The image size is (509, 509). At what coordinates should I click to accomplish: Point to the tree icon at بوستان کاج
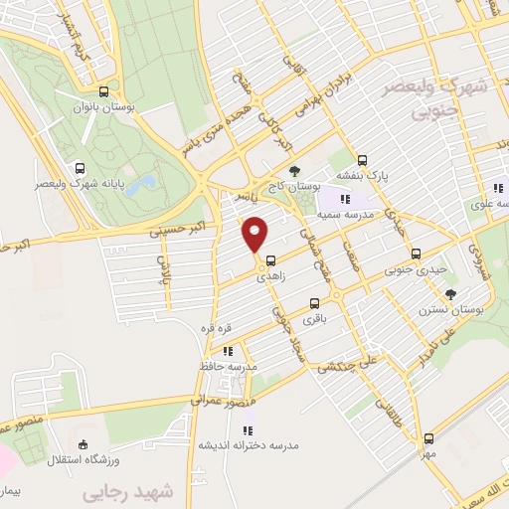[291, 169]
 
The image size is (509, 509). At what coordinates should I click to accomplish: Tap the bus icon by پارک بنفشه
[362, 158]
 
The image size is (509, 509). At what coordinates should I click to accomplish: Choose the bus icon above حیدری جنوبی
[417, 253]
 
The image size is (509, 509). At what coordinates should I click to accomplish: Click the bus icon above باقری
[315, 304]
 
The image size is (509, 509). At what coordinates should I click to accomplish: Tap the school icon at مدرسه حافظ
[228, 350]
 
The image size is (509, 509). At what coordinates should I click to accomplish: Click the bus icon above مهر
[427, 438]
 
